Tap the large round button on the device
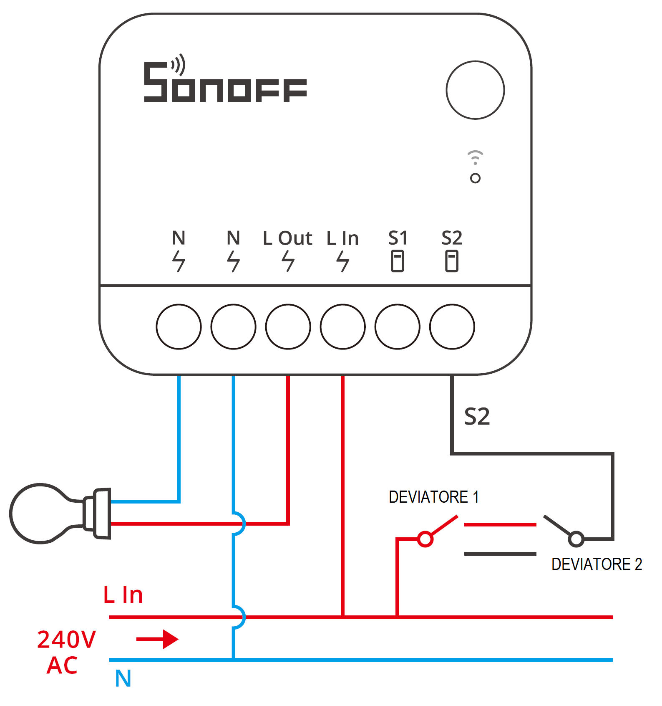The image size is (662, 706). coord(475,90)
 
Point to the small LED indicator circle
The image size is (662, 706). coord(475,178)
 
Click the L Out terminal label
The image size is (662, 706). coord(287,238)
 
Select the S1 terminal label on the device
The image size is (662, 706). coord(398,238)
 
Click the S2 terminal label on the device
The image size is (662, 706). coord(452,238)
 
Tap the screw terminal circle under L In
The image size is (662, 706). coord(342,326)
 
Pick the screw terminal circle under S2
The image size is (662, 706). coord(452,326)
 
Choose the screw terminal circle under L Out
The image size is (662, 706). coord(288,326)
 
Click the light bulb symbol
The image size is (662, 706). coord(58,513)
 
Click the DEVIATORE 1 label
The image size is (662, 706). coord(433,497)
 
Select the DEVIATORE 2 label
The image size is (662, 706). coord(597,564)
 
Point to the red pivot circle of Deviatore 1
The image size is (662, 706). coord(425,539)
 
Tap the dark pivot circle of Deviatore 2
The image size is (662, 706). coord(576,539)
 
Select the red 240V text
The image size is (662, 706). coord(67,640)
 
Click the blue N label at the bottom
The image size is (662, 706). coord(123,678)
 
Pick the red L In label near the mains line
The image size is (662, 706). coord(123,595)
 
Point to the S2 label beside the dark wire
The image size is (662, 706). coord(477,417)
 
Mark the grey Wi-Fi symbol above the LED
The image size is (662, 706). coord(475,157)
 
